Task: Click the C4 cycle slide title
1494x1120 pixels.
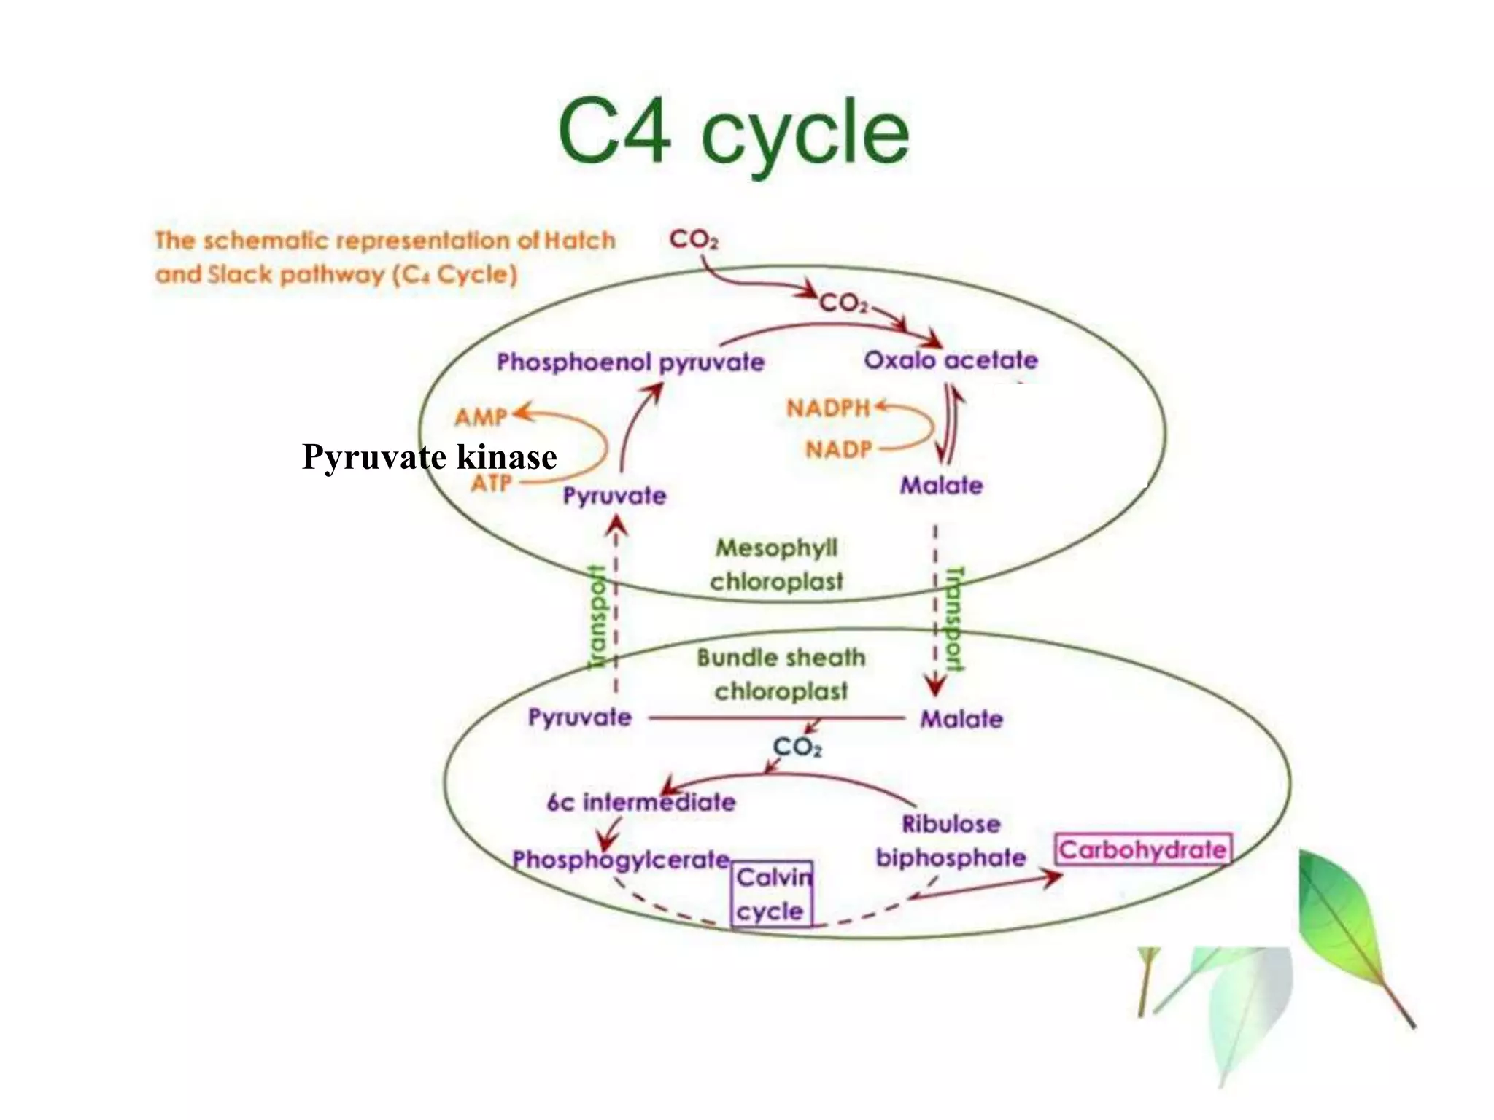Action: click(733, 133)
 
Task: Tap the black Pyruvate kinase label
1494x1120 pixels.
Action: click(429, 457)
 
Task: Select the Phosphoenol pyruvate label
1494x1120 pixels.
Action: click(630, 362)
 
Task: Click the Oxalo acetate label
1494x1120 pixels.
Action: click(951, 359)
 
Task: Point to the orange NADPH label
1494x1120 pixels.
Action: click(828, 408)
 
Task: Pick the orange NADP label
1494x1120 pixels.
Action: click(838, 449)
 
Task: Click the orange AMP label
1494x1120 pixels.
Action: click(480, 417)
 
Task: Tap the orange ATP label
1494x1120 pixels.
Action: click(491, 483)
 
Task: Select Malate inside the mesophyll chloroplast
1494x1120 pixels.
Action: click(941, 485)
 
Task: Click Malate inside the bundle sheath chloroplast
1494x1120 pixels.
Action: click(961, 719)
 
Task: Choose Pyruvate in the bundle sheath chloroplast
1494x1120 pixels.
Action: click(579, 717)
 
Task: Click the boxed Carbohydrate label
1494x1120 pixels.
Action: click(1143, 849)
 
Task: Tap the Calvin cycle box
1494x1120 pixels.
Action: click(772, 894)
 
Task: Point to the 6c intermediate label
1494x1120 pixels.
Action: click(640, 802)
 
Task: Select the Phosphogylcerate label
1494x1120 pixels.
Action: click(621, 860)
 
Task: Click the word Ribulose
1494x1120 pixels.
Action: click(951, 824)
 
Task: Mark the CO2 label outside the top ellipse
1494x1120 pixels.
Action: click(693, 239)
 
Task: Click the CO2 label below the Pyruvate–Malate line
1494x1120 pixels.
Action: click(797, 747)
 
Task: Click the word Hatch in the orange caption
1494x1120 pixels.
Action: click(580, 241)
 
